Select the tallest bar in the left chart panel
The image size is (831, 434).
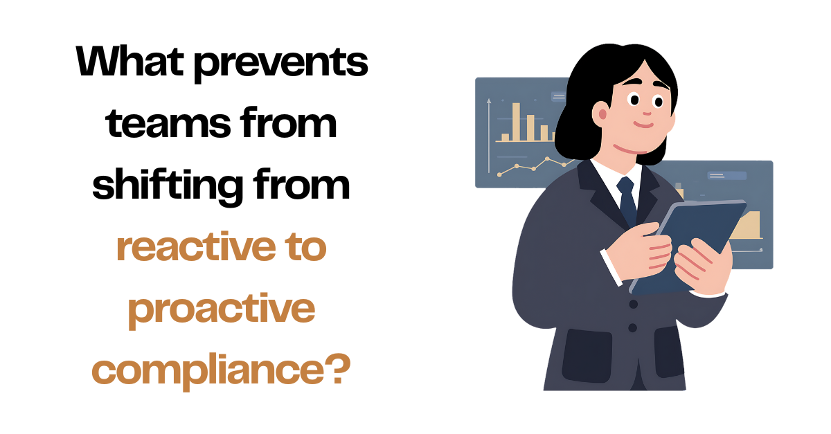pos(515,122)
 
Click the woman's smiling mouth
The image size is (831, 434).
pos(643,125)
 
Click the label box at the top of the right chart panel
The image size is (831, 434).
pos(725,176)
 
